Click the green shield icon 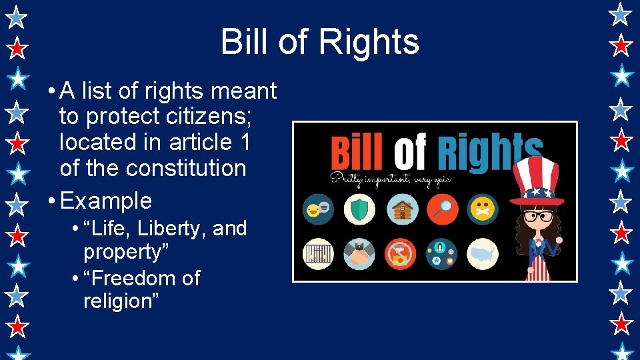[359, 209]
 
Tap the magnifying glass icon [442, 209]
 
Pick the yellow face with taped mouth [483, 209]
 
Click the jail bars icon [319, 254]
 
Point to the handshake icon [359, 254]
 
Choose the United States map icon [483, 254]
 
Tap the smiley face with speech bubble [319, 209]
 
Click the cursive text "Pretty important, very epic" [387, 178]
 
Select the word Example [106, 201]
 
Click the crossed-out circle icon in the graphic [401, 254]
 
